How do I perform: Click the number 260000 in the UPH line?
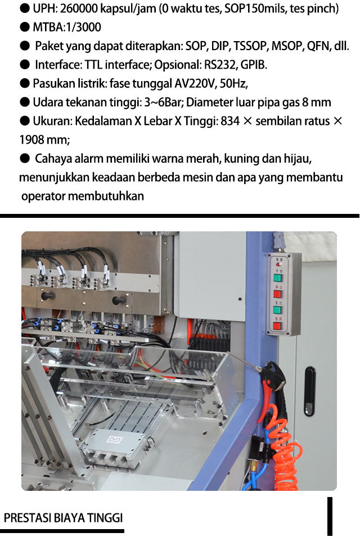[79, 8]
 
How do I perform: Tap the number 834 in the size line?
[230, 121]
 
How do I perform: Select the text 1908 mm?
[45, 140]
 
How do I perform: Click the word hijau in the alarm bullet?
[298, 159]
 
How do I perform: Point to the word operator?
[43, 196]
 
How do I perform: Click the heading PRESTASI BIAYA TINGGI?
[64, 518]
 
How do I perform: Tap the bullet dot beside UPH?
[24, 8]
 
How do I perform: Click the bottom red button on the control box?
[277, 326]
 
